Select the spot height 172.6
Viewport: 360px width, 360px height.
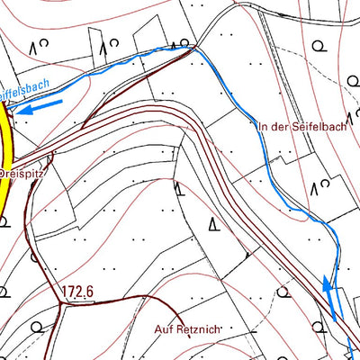79,292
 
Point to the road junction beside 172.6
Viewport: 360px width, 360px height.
61,303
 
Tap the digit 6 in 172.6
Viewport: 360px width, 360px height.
91,292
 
